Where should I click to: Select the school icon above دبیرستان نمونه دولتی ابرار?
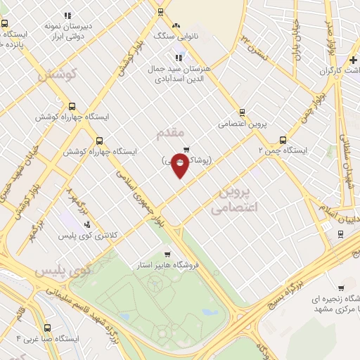pos(67,15)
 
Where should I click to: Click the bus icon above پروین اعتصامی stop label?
pos(243,112)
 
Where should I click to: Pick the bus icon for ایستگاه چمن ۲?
pos(283,139)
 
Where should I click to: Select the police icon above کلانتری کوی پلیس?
pos(87,224)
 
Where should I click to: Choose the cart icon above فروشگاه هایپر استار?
pos(167,254)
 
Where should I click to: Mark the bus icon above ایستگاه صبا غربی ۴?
pos(48,328)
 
